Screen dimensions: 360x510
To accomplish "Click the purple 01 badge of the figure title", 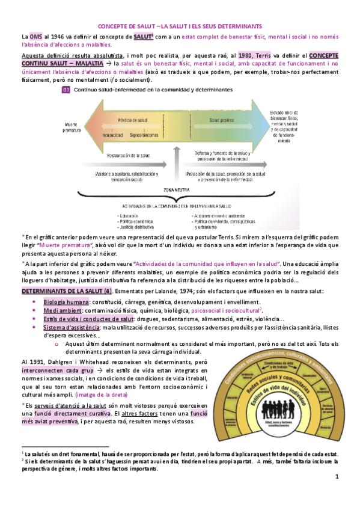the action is pos(66,91).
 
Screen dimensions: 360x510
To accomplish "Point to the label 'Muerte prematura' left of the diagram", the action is pos(73,127).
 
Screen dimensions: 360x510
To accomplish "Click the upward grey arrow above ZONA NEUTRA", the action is pos(176,162).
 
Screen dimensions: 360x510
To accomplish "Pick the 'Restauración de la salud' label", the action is pos(127,155).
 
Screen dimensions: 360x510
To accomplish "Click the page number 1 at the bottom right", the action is pos(337,477).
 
